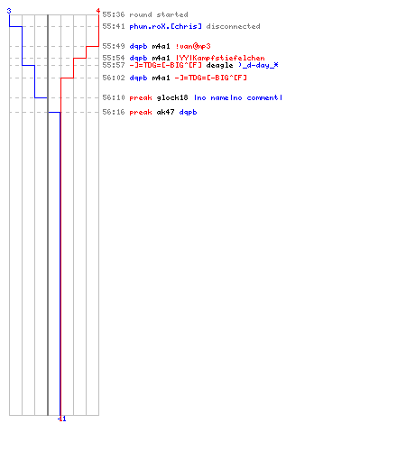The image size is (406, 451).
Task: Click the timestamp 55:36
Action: pos(114,14)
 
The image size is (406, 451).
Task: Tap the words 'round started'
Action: pos(159,14)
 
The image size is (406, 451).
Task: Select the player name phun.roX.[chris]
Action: pos(165,26)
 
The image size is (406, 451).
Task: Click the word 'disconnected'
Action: pos(233,26)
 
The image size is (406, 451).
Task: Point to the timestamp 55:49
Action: pos(114,46)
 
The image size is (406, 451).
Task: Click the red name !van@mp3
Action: pos(193,46)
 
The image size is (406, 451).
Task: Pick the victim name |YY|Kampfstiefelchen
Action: pos(220,58)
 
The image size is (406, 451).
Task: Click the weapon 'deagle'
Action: pos(219,66)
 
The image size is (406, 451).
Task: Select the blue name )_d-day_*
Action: pos(258,65)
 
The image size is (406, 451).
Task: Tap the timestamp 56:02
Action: pos(114,78)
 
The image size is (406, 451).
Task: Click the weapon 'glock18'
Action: pos(172,97)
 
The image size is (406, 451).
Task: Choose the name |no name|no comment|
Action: pos(238,97)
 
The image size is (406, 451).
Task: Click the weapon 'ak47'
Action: pos(165,112)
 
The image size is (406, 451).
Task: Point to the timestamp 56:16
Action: pos(114,112)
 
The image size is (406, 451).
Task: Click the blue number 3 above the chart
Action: pos(9,12)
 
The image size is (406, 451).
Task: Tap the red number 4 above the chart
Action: pos(98,11)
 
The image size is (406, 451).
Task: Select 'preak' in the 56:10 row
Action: pos(141,98)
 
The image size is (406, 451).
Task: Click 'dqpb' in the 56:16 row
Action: pos(188,113)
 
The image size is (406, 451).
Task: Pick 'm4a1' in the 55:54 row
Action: pos(161,58)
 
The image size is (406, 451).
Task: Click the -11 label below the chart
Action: pos(61,419)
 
